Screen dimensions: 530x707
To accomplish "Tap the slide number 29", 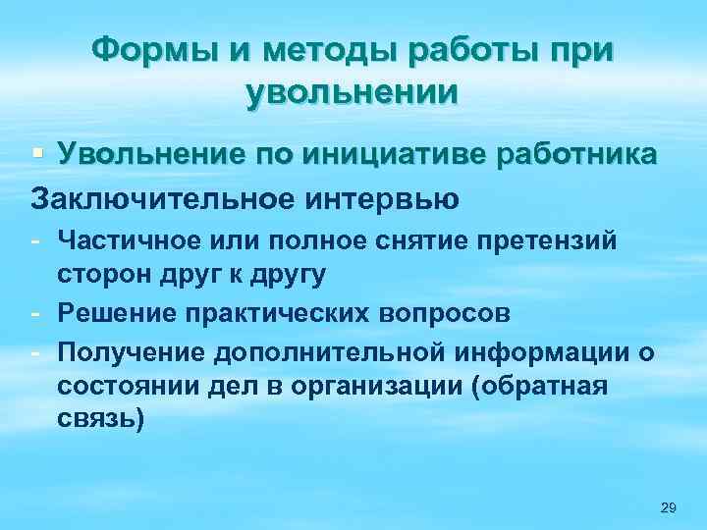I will coord(669,506).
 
